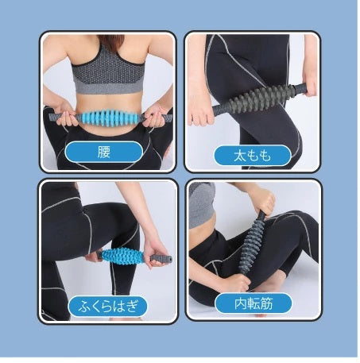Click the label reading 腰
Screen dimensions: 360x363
coord(104,152)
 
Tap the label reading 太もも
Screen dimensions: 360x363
coord(253,156)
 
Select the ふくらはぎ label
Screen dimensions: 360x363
coord(108,306)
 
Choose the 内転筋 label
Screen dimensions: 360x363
coord(254,303)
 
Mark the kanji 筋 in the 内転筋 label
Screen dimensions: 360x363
coord(266,303)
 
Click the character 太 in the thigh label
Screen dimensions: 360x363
coord(240,156)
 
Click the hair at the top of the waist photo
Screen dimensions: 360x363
coord(110,41)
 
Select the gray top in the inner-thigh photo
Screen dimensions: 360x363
coord(202,204)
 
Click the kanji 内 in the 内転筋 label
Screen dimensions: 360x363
coord(241,303)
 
